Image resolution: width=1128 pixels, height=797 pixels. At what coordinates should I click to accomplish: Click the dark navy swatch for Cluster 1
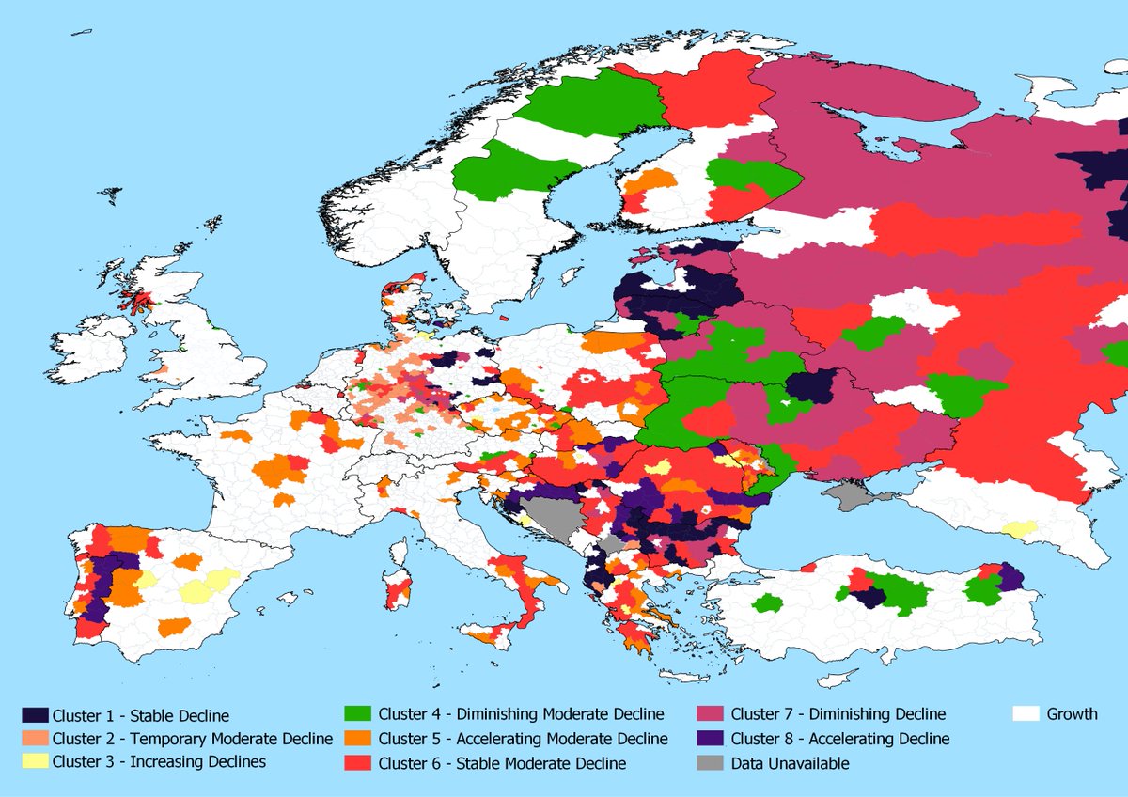[35, 715]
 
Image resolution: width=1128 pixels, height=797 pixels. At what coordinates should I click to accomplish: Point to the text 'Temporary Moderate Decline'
[193, 739]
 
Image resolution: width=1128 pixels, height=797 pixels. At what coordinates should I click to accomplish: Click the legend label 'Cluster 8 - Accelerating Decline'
[839, 739]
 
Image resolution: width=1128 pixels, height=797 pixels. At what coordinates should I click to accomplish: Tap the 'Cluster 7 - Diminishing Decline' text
[838, 714]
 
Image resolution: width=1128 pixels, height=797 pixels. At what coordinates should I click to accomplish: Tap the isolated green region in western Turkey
[768, 603]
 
